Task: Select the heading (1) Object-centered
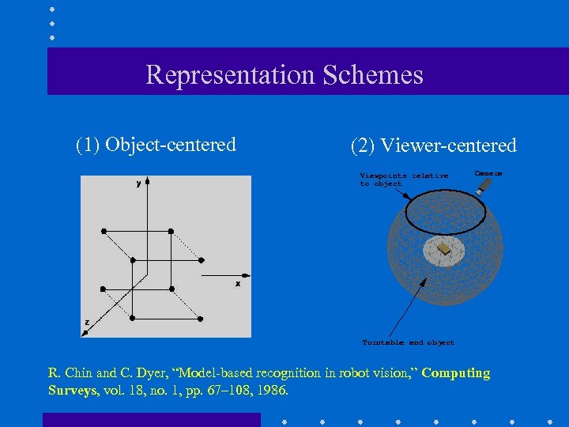click(x=156, y=145)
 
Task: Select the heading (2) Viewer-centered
click(x=433, y=145)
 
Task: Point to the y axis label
click(x=138, y=183)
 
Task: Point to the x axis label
click(x=238, y=283)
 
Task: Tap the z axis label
click(x=87, y=322)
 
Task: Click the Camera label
click(x=488, y=172)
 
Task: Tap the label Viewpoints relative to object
click(x=403, y=179)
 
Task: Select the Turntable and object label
click(x=408, y=342)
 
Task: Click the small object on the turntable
click(x=446, y=249)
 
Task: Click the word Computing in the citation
click(x=456, y=373)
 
